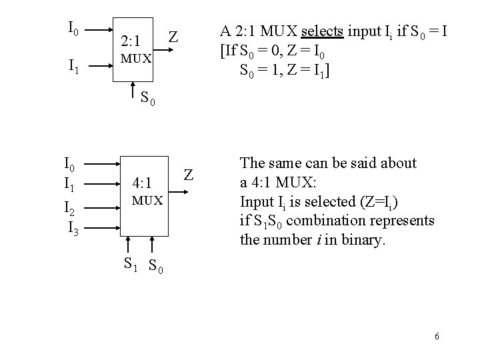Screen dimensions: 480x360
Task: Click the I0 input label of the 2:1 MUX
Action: click(74, 29)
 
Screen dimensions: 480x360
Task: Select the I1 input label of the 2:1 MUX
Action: click(75, 66)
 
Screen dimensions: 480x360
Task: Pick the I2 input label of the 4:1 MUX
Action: click(69, 211)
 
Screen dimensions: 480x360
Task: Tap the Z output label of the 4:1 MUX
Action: click(189, 175)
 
